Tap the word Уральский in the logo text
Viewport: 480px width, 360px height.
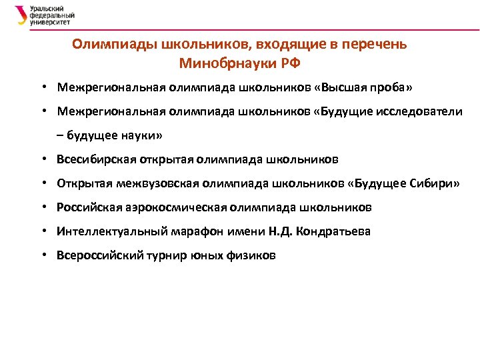45,9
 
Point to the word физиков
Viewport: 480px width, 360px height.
253,255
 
